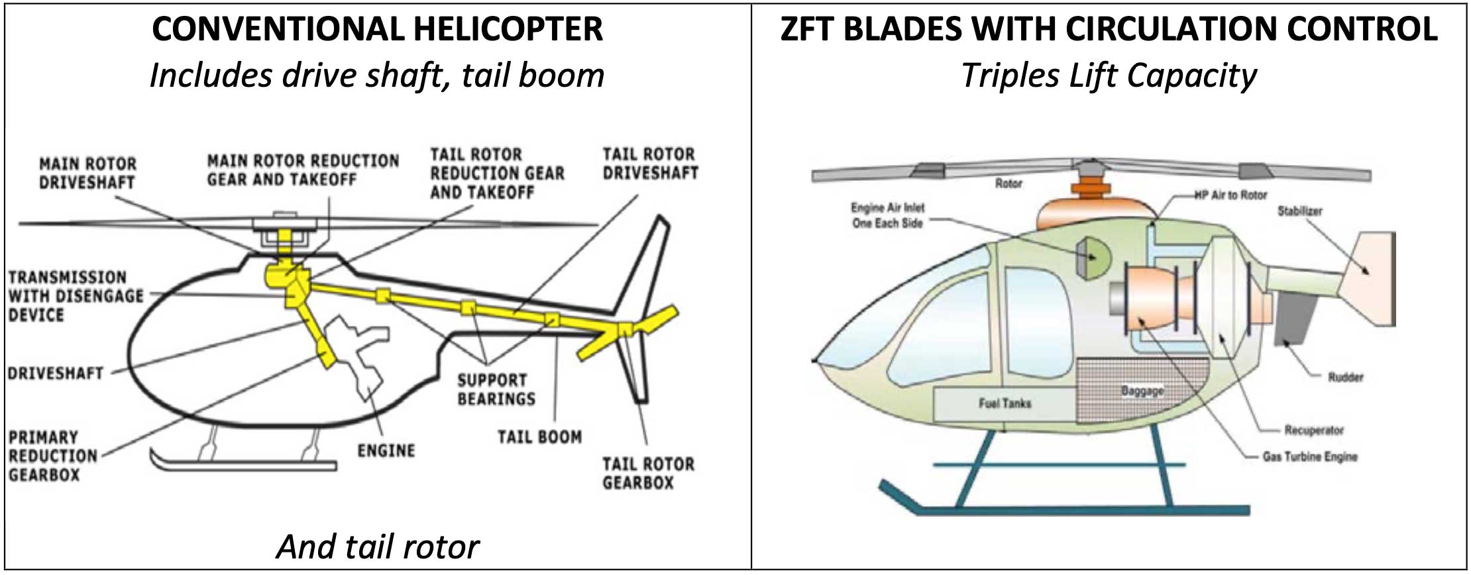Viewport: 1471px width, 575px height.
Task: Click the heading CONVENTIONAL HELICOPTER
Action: pyautogui.click(x=377, y=30)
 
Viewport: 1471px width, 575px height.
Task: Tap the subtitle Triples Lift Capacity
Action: pyautogui.click(x=1109, y=76)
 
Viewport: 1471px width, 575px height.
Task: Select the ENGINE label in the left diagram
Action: pyautogui.click(x=386, y=451)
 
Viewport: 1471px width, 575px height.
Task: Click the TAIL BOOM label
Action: pyautogui.click(x=539, y=437)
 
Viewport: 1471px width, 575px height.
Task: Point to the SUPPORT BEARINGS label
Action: pyautogui.click(x=496, y=390)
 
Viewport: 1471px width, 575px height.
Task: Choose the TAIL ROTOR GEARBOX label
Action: pyautogui.click(x=648, y=473)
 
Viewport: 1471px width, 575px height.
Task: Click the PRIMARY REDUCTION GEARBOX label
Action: pyautogui.click(x=53, y=456)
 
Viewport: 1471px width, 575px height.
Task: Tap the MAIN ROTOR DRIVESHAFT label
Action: pyautogui.click(x=87, y=173)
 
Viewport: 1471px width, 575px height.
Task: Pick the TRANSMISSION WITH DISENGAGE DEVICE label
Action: pyautogui.click(x=76, y=296)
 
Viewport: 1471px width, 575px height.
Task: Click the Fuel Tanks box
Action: pyautogui.click(x=1005, y=403)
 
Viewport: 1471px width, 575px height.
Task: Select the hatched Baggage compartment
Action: pyautogui.click(x=1142, y=390)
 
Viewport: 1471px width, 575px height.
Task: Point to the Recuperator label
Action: pyautogui.click(x=1313, y=431)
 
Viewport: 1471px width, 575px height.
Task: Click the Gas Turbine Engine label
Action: pyautogui.click(x=1309, y=457)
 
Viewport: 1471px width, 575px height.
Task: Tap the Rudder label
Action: pyautogui.click(x=1345, y=378)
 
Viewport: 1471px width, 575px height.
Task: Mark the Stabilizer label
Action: pyautogui.click(x=1299, y=211)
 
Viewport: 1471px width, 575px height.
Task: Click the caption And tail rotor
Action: pyautogui.click(x=377, y=547)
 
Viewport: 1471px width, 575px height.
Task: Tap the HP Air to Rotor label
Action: pyautogui.click(x=1230, y=195)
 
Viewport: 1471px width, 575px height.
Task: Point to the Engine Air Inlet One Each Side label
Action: pyautogui.click(x=887, y=216)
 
